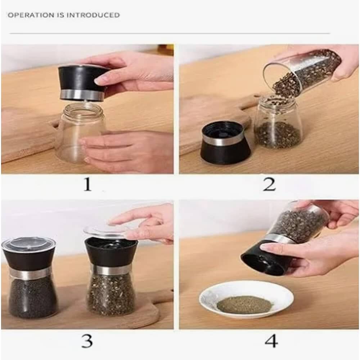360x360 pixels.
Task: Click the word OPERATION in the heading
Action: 31,15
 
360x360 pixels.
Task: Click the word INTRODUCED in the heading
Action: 93,15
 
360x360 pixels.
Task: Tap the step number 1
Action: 87,184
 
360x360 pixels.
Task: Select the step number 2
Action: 269,184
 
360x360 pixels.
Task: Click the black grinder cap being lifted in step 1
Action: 83,83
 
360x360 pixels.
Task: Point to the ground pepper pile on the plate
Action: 245,305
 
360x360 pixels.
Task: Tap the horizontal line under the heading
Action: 170,33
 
